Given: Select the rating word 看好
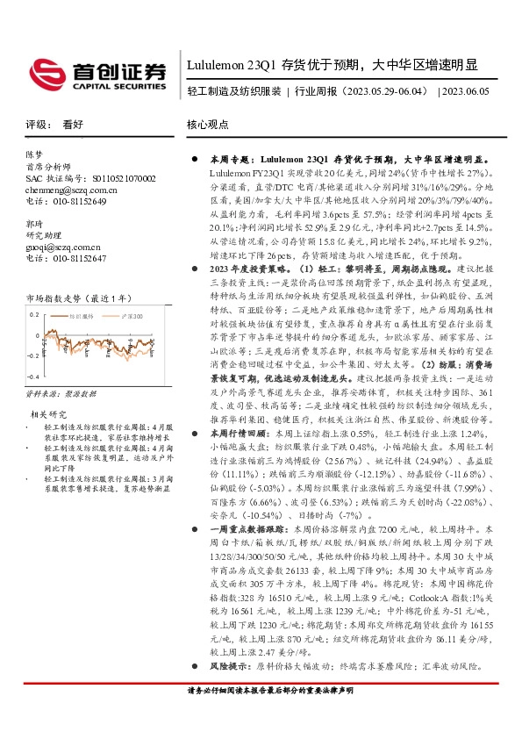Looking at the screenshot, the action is tap(73, 126).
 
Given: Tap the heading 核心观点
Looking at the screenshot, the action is tap(208, 126).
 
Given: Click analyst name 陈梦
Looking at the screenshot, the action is tap(35, 154).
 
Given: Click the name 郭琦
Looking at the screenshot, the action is tap(35, 225).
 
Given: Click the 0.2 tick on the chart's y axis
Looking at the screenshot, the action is tap(35, 312).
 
